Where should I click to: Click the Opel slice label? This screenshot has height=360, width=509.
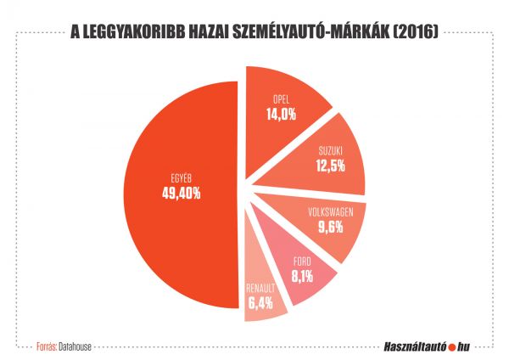[x=282, y=98]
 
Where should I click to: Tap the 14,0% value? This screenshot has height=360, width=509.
[x=282, y=113]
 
